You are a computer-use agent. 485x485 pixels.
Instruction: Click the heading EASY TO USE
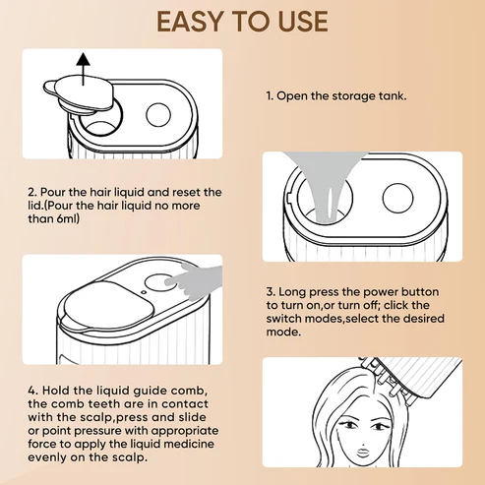(x=242, y=23)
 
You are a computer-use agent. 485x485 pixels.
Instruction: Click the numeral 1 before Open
(x=270, y=98)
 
